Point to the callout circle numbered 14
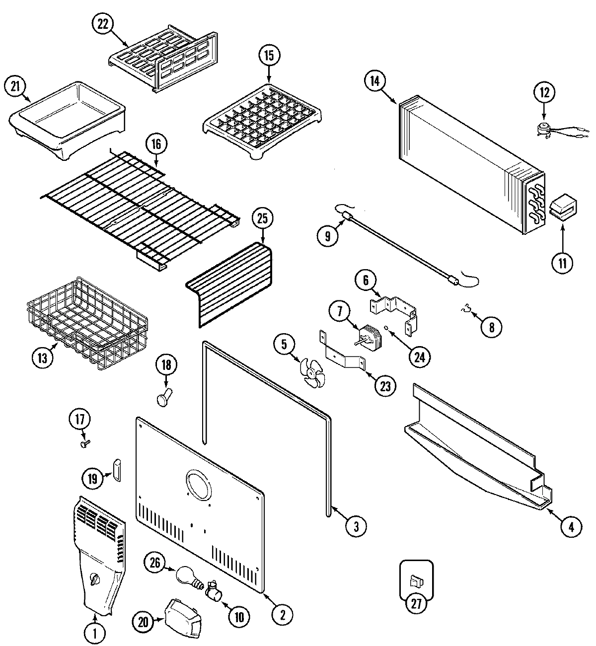(x=375, y=82)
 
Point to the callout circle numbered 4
(x=571, y=527)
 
